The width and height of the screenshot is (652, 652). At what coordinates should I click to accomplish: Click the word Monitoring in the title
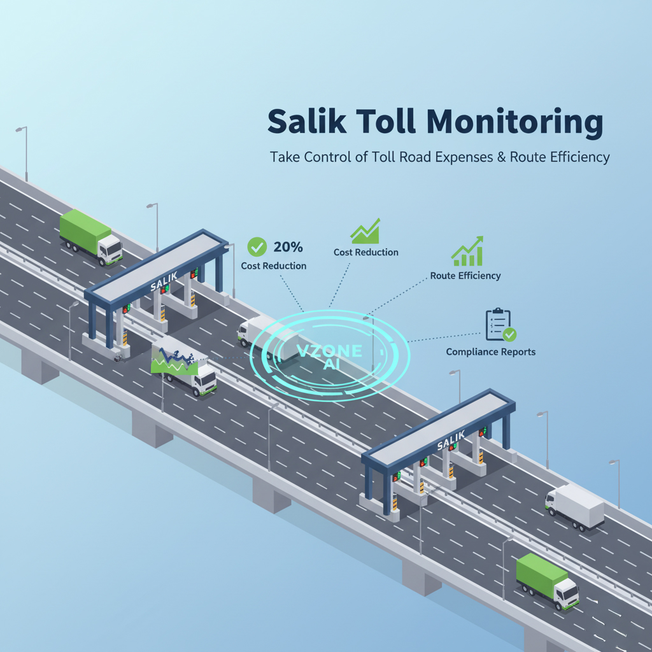click(x=514, y=124)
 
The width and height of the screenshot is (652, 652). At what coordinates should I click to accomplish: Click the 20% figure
click(x=288, y=246)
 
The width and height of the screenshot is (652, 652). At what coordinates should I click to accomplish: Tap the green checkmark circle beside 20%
click(x=257, y=246)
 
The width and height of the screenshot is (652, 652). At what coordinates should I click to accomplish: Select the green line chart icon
click(x=365, y=231)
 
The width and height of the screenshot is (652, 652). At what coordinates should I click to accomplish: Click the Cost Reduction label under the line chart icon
click(x=366, y=252)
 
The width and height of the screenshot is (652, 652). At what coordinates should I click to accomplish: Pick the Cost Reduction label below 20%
click(x=274, y=266)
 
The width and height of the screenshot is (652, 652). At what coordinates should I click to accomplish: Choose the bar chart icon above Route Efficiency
click(x=467, y=252)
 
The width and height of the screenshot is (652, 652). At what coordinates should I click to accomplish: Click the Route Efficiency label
click(x=465, y=276)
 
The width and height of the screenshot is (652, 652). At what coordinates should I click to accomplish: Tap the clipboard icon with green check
click(x=500, y=325)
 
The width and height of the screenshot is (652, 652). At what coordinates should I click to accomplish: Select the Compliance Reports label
click(x=491, y=351)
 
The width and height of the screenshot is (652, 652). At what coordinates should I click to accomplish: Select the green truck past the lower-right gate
click(x=547, y=580)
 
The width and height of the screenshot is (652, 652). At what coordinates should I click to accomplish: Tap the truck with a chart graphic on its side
click(x=184, y=368)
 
